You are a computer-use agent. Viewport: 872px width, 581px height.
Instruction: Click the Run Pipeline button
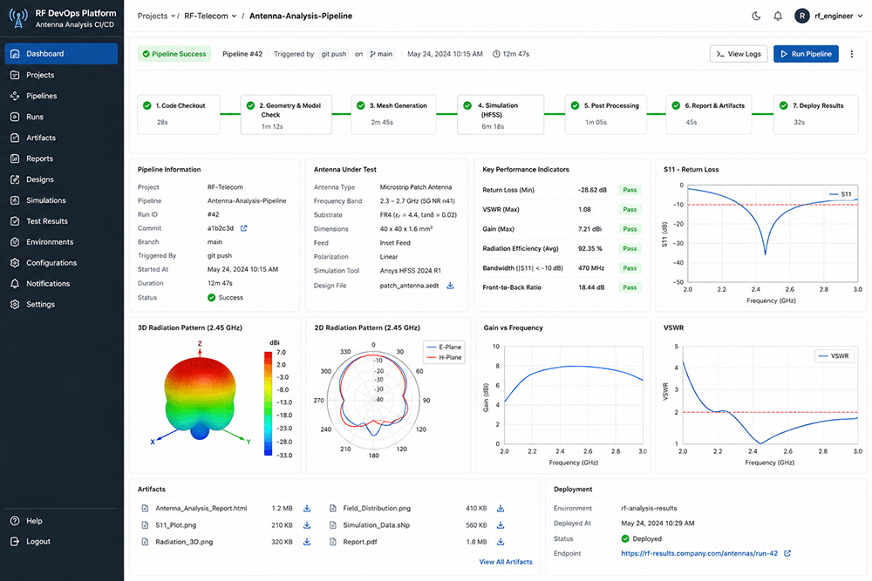[x=806, y=54]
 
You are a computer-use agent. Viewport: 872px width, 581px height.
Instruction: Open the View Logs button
[x=739, y=54]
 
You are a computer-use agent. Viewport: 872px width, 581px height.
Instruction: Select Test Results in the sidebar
[x=47, y=221]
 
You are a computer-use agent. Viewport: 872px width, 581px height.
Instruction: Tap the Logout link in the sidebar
[x=37, y=542]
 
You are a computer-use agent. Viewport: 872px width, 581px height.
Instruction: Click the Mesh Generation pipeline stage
[x=393, y=114]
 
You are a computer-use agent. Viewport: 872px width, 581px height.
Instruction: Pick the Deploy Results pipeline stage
[x=815, y=114]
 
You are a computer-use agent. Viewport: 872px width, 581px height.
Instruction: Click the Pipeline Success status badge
[x=174, y=54]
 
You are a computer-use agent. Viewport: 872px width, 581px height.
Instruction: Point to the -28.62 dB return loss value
[x=592, y=190]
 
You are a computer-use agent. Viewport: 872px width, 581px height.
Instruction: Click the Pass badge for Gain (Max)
[x=630, y=229]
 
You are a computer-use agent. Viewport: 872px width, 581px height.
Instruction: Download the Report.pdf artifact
[x=501, y=542]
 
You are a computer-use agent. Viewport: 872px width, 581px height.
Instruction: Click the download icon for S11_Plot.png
[x=307, y=525]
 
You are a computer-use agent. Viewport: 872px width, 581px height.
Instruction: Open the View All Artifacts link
[x=506, y=562]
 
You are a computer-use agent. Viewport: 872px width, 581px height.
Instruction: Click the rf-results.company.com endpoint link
[x=699, y=553]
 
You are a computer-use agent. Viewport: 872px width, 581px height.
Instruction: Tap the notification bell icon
[x=778, y=16]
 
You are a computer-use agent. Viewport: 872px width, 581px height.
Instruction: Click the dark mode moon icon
[x=756, y=16]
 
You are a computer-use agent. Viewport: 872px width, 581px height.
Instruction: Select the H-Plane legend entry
[x=445, y=357]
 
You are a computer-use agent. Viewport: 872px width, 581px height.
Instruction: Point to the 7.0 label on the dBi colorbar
[x=281, y=352]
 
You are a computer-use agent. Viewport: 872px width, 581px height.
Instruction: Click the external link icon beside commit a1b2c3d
[x=243, y=228]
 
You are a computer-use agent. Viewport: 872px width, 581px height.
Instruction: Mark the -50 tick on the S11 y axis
[x=678, y=282]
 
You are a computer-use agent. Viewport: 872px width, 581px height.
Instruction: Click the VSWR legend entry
[x=835, y=356]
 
